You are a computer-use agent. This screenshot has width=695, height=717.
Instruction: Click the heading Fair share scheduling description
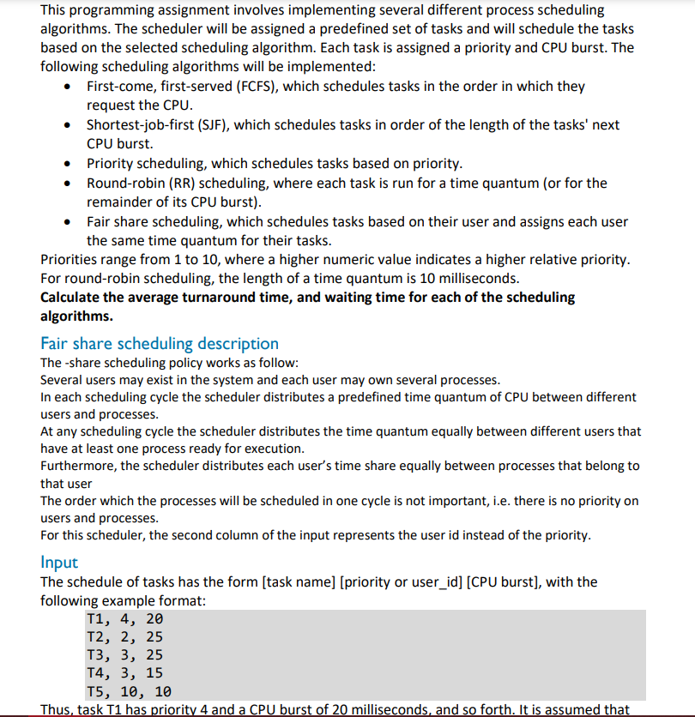160,344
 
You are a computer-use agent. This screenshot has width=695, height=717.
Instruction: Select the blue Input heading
59,563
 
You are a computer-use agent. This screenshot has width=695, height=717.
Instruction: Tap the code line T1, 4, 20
124,619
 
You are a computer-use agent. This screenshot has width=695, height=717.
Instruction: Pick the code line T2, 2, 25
124,637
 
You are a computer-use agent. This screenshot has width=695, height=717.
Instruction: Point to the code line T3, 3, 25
124,655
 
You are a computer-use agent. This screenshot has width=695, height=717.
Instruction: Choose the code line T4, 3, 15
124,673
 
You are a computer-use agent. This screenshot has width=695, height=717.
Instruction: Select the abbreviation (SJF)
211,125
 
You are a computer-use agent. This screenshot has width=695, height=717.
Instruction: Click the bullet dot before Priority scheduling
69,164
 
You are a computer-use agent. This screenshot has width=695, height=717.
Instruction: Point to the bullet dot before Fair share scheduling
69,222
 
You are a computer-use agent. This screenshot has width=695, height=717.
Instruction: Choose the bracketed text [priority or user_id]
402,582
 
